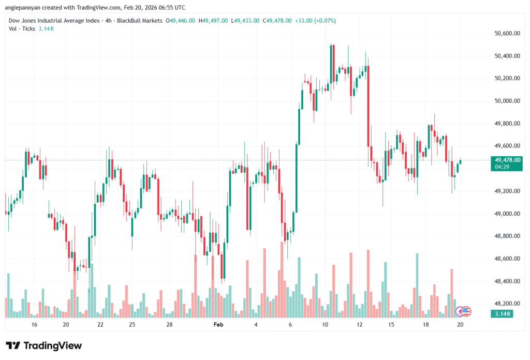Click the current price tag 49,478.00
(x=508, y=160)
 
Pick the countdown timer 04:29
(x=504, y=168)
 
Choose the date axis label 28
(x=169, y=325)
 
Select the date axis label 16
(x=34, y=325)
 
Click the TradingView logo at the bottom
(x=44, y=346)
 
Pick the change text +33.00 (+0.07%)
(x=315, y=21)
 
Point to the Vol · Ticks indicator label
(x=22, y=28)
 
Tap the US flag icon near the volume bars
(x=465, y=311)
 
